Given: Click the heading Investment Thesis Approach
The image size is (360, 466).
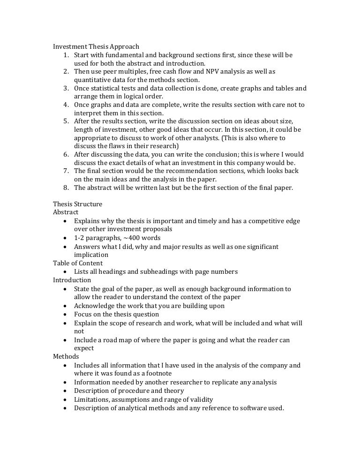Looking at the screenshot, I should click(x=96, y=46).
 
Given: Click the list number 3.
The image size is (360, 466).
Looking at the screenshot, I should click(x=66, y=88).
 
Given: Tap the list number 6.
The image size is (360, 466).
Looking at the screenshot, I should click(x=66, y=154).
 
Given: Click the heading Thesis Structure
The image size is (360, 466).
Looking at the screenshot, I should click(x=77, y=204).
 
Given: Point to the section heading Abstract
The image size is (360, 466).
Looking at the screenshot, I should click(x=66, y=212).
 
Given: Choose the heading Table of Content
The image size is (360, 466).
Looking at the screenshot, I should click(x=78, y=263).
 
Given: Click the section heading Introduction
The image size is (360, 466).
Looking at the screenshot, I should click(x=72, y=280).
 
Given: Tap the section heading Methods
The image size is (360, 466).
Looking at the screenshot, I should click(x=66, y=357).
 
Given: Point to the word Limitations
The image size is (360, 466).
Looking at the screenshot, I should click(x=92, y=399).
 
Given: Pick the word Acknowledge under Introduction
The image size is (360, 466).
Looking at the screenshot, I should click(x=93, y=306).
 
